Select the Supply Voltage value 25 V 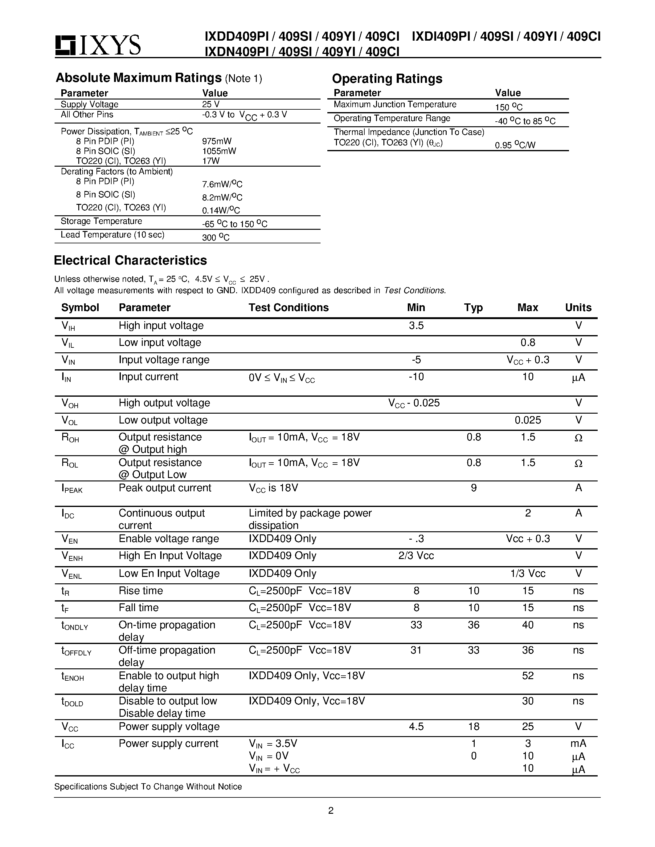pyautogui.click(x=211, y=104)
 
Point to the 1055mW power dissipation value pyautogui.click(x=219, y=151)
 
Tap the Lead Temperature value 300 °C pyautogui.click(x=215, y=237)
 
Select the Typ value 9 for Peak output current pyautogui.click(x=473, y=488)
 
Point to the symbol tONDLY pyautogui.click(x=75, y=626)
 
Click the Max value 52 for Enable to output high pyautogui.click(x=528, y=676)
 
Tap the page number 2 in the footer pyautogui.click(x=331, y=811)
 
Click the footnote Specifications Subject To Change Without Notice pyautogui.click(x=148, y=787)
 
